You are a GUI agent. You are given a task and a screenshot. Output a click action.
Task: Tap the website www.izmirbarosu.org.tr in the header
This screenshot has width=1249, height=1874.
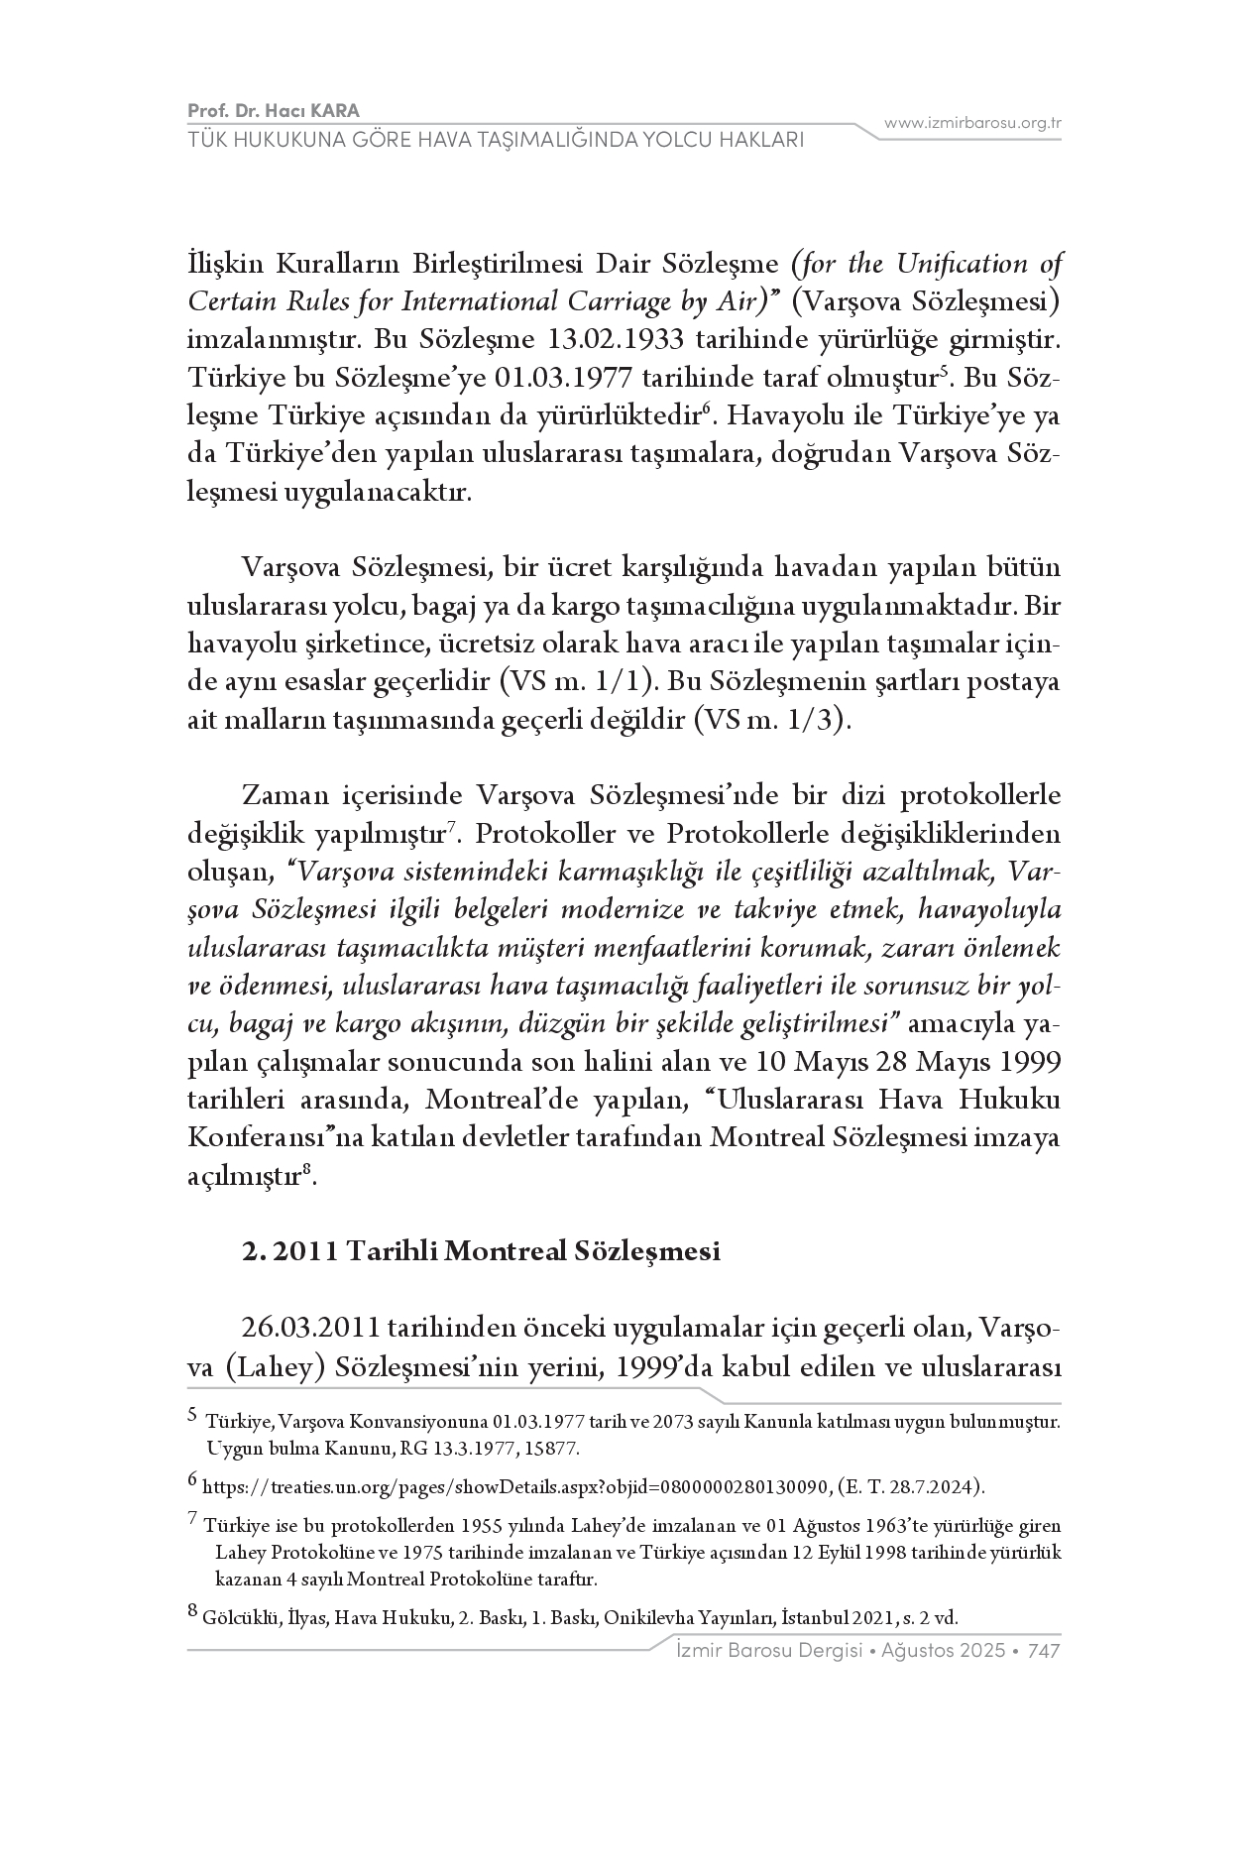click(x=972, y=123)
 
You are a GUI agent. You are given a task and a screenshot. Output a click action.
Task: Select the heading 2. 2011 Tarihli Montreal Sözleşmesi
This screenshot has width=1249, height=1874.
click(x=481, y=1251)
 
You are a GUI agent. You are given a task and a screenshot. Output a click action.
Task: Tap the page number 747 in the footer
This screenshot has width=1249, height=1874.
click(x=1045, y=1651)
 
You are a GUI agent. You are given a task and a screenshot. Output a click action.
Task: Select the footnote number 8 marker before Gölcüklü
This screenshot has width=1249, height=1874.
click(x=192, y=1612)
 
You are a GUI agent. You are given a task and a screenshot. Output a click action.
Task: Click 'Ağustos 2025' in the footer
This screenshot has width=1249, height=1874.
click(x=938, y=1651)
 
